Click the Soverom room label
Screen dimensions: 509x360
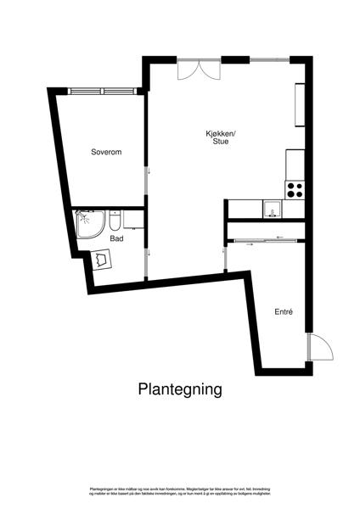[x=107, y=152]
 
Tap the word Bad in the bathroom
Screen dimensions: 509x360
[x=116, y=239]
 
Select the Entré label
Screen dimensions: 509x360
[x=284, y=312]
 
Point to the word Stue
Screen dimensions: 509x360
[x=221, y=143]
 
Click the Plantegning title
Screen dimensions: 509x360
[x=180, y=389]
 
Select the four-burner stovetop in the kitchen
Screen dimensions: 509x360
[x=295, y=190]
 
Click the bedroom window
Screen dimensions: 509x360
[x=101, y=91]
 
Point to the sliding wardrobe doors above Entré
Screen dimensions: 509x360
[x=263, y=240]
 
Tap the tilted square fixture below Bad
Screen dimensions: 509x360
[x=104, y=259]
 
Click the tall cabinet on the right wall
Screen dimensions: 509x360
[x=299, y=103]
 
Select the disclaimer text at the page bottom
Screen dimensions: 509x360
[x=180, y=493]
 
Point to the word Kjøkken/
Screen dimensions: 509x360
[x=221, y=132]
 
